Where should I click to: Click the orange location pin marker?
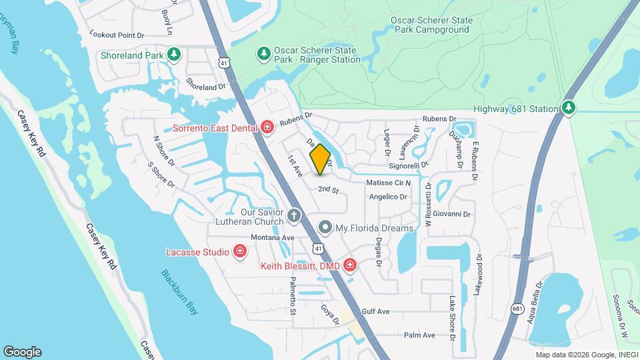pos(320,159)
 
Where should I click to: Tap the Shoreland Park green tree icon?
pos(174,54)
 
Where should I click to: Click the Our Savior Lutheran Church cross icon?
pos(295,216)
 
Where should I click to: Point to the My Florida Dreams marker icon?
pos(325,228)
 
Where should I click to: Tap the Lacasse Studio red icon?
pos(240,251)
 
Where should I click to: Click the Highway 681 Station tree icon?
pos(567,108)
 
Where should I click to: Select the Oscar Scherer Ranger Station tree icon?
pos(264,53)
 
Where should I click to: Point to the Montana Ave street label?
pos(272,237)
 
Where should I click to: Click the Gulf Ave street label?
pos(375,311)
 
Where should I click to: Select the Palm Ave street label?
pos(419,335)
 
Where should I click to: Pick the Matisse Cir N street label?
pos(388,183)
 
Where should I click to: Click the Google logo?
pos(22,352)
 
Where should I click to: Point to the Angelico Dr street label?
pos(388,197)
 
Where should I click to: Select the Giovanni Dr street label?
pos(452,214)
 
